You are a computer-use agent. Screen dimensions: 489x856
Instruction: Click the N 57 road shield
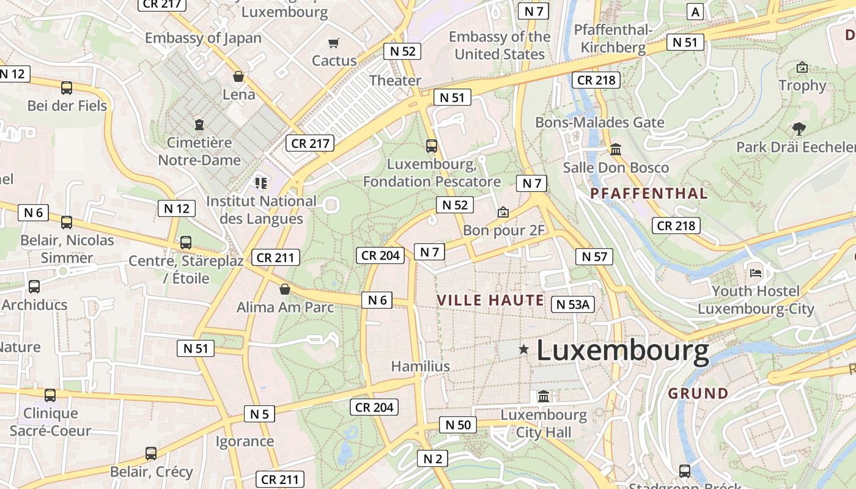594,257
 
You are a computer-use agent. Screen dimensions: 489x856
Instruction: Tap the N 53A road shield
573,304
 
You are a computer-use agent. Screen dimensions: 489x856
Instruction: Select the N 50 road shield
457,425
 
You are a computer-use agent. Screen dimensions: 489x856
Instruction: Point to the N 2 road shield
432,458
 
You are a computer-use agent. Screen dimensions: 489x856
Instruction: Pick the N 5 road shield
259,414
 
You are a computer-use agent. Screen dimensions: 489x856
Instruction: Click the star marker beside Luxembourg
523,350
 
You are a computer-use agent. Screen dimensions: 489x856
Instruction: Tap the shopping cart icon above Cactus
333,43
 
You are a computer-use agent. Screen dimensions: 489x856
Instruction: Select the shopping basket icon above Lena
238,76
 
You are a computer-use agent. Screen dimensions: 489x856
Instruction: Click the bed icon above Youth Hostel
756,272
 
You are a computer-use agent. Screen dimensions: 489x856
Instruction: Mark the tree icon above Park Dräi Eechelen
799,128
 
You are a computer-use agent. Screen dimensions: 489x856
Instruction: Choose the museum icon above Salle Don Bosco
616,149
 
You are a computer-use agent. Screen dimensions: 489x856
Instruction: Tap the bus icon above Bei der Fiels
67,87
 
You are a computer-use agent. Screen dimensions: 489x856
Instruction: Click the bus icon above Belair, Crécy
151,454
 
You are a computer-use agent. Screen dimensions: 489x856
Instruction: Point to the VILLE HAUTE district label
490,300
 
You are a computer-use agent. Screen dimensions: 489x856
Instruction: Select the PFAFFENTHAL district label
649,194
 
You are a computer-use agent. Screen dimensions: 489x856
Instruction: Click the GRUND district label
698,393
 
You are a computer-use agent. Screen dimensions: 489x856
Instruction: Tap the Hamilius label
421,366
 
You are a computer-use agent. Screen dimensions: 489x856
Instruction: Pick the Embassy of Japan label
203,38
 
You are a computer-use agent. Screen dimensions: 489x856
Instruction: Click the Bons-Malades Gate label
600,122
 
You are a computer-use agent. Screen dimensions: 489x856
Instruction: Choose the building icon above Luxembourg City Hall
544,397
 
